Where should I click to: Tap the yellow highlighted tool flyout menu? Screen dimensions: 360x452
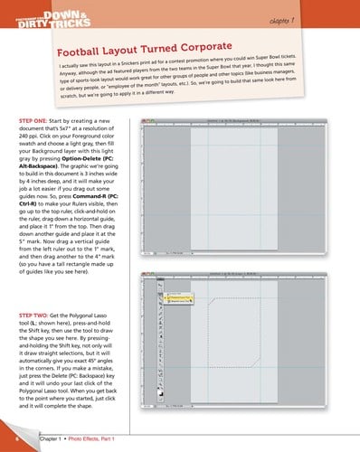[175, 295]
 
